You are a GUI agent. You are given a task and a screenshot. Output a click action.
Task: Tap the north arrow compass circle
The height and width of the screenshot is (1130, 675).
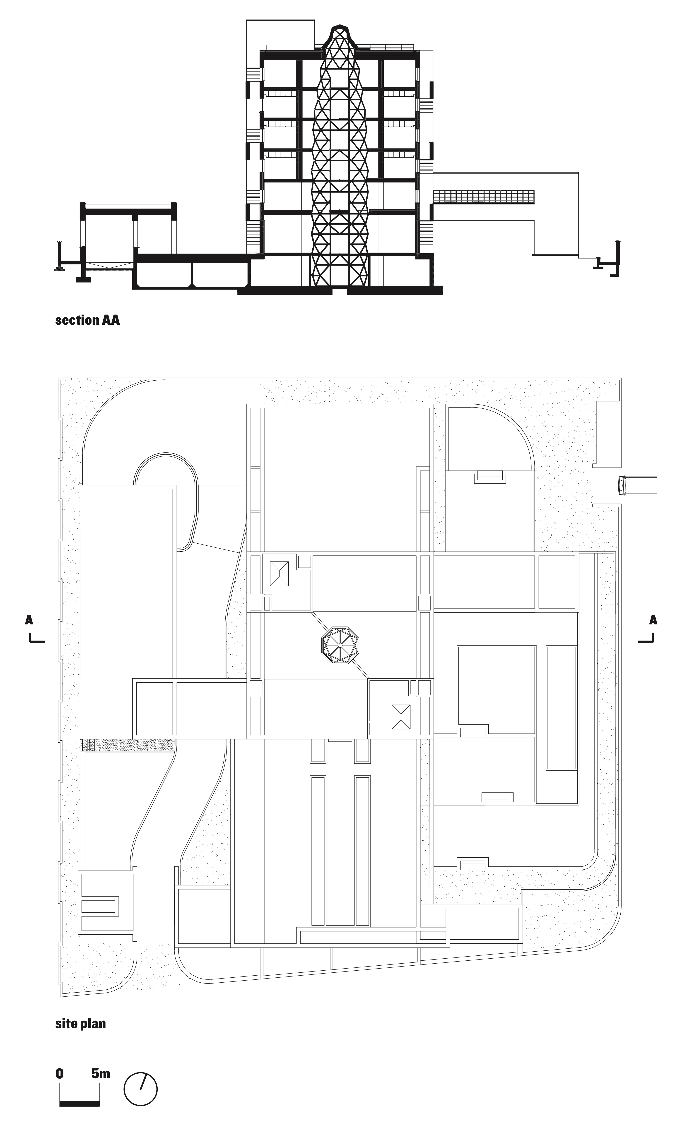point(140,1089)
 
